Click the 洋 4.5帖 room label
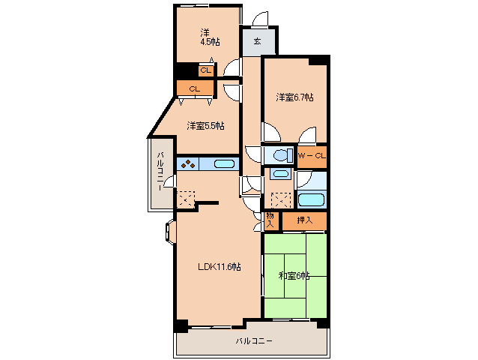coord(210,37)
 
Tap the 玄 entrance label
coord(258,41)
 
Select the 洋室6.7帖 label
coord(294,97)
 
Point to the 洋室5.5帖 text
coord(206,125)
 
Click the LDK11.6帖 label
coord(220,267)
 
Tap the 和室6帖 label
coord(294,276)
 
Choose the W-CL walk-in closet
coord(312,157)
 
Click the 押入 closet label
coord(305,220)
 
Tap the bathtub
coord(311,199)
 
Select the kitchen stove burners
coord(188,164)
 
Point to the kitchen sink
coord(224,164)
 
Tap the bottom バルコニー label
coord(254,340)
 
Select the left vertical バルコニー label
coord(160,172)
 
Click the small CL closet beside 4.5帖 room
coord(206,70)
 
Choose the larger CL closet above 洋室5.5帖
coord(195,89)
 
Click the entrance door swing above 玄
coord(260,19)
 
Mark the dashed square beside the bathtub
coord(281,200)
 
